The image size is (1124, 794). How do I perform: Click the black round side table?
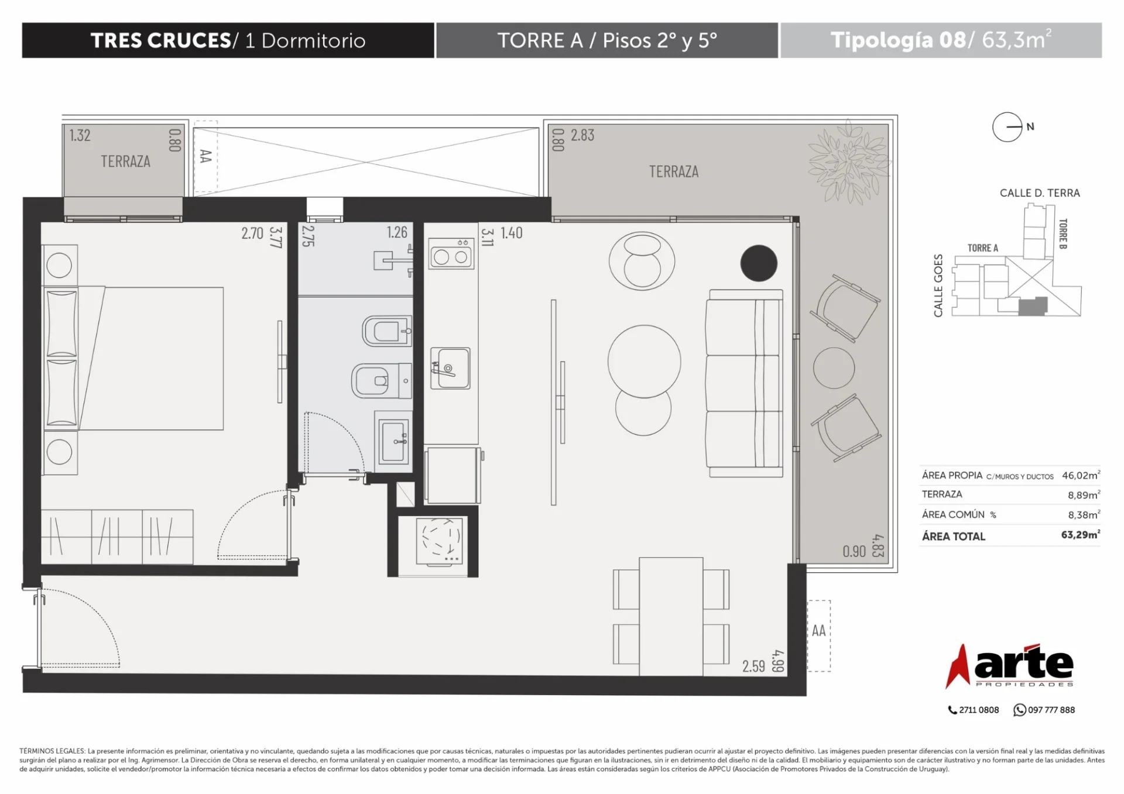[759, 263]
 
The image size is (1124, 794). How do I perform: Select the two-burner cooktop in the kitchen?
[451, 253]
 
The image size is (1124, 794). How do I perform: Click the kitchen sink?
[450, 368]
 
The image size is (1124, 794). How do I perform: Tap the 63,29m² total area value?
[1081, 535]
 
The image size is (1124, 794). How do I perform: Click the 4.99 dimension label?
[777, 661]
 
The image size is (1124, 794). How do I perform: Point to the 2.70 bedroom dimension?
[252, 233]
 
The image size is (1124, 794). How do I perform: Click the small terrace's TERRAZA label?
[125, 161]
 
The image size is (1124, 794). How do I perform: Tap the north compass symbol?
[1008, 127]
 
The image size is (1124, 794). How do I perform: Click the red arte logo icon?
[958, 666]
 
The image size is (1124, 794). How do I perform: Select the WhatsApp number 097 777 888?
[1051, 710]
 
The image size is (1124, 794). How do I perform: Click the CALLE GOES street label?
[938, 286]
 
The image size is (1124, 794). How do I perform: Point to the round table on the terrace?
[834, 368]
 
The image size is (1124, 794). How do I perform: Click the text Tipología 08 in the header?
[898, 40]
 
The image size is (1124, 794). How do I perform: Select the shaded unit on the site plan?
[1033, 306]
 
